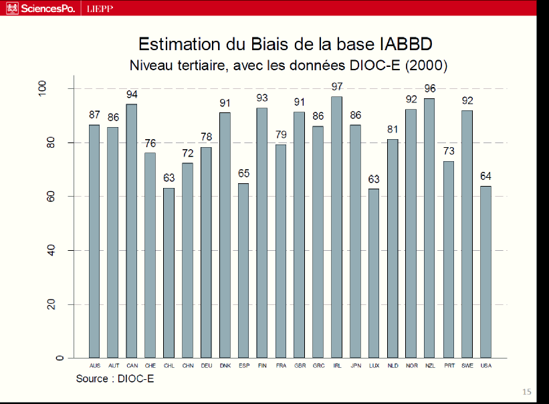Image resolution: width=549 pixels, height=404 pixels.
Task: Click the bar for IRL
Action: coord(336,227)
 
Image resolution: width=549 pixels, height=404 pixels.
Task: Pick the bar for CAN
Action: coord(132,231)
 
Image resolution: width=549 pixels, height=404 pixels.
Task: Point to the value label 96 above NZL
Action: coord(429,89)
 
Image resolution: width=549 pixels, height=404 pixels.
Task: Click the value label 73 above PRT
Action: coord(449,151)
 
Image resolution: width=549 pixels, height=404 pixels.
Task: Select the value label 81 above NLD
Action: coord(393,130)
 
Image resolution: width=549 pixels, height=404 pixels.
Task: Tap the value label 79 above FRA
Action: coord(281,134)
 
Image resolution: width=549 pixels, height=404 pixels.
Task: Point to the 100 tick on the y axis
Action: coord(60,89)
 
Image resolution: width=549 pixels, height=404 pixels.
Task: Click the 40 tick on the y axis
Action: coord(60,251)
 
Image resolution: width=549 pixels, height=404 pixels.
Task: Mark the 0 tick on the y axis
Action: coord(60,358)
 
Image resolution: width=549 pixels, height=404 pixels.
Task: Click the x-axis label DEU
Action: coord(206,365)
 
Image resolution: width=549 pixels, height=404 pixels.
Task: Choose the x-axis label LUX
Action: coord(374,365)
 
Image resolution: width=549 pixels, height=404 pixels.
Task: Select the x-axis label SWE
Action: coord(467,365)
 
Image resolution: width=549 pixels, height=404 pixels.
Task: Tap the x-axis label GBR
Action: coord(299,365)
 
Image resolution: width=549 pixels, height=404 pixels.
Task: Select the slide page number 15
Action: coord(526,392)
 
